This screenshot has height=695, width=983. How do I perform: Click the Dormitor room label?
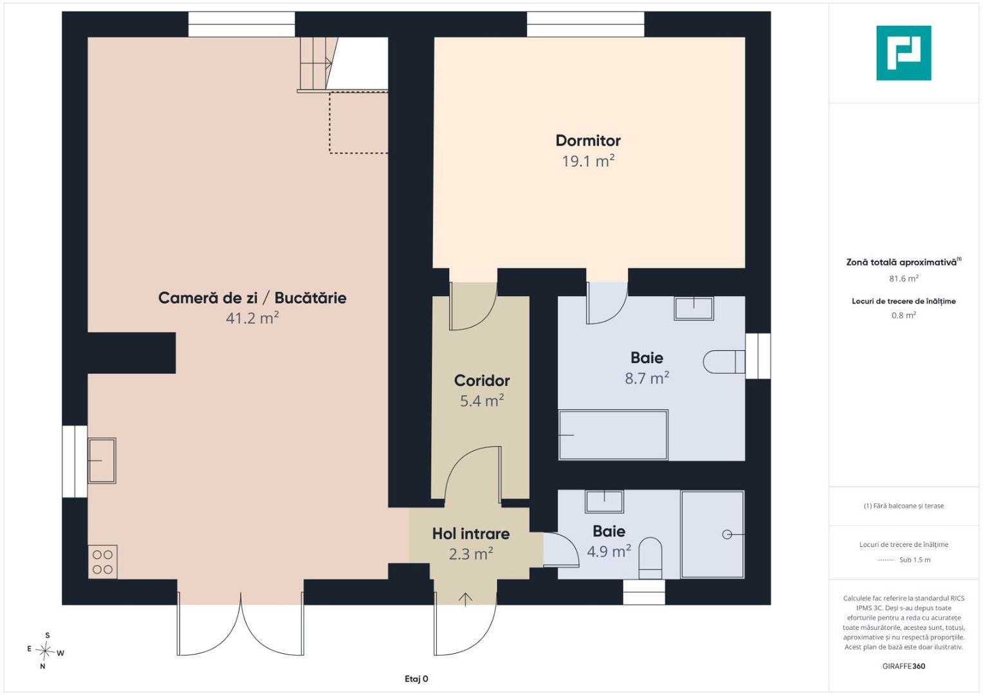(588, 140)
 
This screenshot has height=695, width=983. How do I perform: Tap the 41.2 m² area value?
(252, 318)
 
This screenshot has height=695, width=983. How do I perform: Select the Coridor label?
(482, 381)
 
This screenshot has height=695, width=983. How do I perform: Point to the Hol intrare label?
(471, 534)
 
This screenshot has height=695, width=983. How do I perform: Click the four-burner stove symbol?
(103, 562)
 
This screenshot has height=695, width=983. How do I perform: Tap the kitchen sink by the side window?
(102, 461)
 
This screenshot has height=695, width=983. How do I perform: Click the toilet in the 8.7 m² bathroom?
(724, 362)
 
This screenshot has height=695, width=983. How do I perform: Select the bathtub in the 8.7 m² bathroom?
(613, 435)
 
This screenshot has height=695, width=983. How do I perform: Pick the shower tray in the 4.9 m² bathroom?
(712, 534)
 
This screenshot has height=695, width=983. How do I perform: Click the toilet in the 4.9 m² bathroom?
(650, 558)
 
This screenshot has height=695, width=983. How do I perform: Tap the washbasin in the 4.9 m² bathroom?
(604, 502)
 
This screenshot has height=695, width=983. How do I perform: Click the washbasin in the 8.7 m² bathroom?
(694, 308)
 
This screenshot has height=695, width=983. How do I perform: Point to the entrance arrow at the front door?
(465, 599)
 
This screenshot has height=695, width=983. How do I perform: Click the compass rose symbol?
(45, 651)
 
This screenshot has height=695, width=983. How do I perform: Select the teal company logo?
(904, 53)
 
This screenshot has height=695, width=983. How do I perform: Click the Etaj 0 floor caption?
(416, 679)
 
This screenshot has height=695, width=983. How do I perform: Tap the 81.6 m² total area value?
(904, 279)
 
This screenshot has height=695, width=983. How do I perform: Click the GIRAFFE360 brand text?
(904, 666)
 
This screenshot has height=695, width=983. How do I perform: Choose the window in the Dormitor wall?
(585, 24)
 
